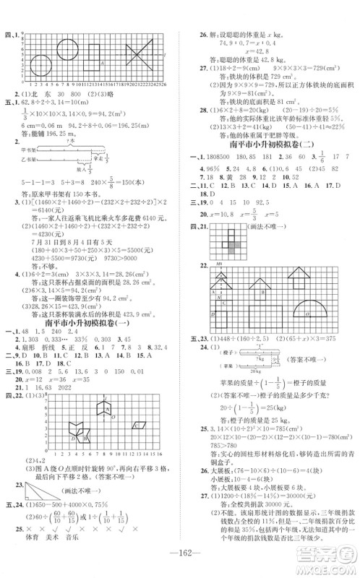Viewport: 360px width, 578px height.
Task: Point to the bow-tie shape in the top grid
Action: coord(137,55)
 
